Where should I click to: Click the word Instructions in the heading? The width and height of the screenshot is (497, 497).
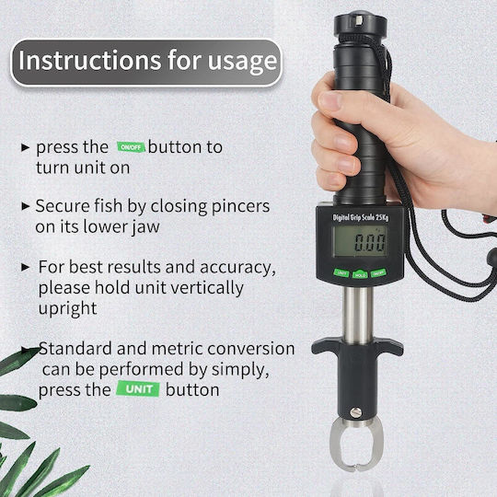(90, 60)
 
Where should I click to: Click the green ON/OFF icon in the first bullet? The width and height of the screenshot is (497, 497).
(132, 146)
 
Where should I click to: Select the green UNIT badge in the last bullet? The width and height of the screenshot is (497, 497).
(138, 389)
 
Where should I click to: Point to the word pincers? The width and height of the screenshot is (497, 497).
(240, 207)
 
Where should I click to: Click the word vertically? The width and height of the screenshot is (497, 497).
(207, 288)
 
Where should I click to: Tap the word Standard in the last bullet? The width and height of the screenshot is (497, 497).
(75, 348)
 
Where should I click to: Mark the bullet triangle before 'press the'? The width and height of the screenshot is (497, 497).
(26, 147)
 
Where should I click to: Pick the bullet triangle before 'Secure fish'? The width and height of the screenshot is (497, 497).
(26, 206)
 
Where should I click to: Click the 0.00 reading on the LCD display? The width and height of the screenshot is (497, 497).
(370, 242)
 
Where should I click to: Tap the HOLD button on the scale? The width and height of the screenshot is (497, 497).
(360, 274)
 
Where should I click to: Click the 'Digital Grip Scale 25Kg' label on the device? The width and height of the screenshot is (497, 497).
(361, 217)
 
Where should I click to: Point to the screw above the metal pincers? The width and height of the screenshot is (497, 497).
(355, 412)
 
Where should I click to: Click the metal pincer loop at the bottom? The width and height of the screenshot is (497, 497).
(333, 445)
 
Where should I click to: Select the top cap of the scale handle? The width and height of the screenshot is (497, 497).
(361, 23)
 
